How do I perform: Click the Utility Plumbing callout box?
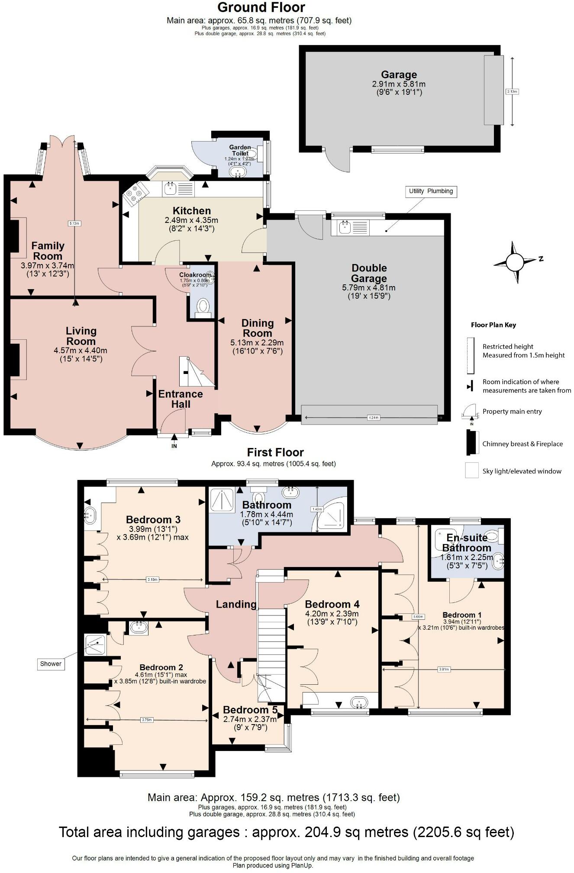click(x=431, y=191)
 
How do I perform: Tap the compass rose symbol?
click(x=515, y=262)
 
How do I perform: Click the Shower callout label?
click(x=51, y=664)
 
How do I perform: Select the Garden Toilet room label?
click(x=240, y=150)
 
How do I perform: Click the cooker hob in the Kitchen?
click(x=135, y=193)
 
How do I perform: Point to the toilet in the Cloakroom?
click(x=203, y=307)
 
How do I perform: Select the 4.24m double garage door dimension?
click(x=373, y=418)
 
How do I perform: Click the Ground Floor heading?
click(x=261, y=7)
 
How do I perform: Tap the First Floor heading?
click(x=275, y=452)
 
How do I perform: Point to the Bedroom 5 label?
click(x=246, y=710)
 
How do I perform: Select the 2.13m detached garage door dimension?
click(x=512, y=91)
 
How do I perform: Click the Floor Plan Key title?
click(x=493, y=325)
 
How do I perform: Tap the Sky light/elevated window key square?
click(x=471, y=470)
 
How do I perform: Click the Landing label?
click(x=236, y=604)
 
